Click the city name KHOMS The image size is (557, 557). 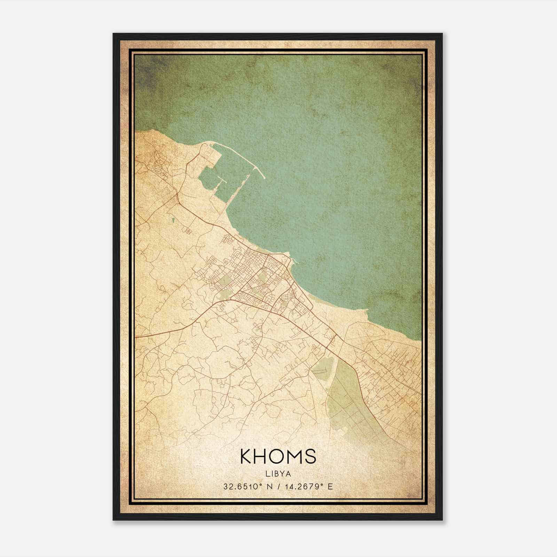tap(278, 456)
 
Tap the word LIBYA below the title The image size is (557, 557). tap(278, 473)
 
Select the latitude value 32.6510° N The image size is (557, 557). tap(248, 486)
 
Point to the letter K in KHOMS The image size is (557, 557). tap(246, 456)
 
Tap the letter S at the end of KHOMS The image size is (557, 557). tap(310, 456)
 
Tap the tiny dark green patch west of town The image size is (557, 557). tap(173, 220)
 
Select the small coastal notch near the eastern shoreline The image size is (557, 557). tap(365, 310)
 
